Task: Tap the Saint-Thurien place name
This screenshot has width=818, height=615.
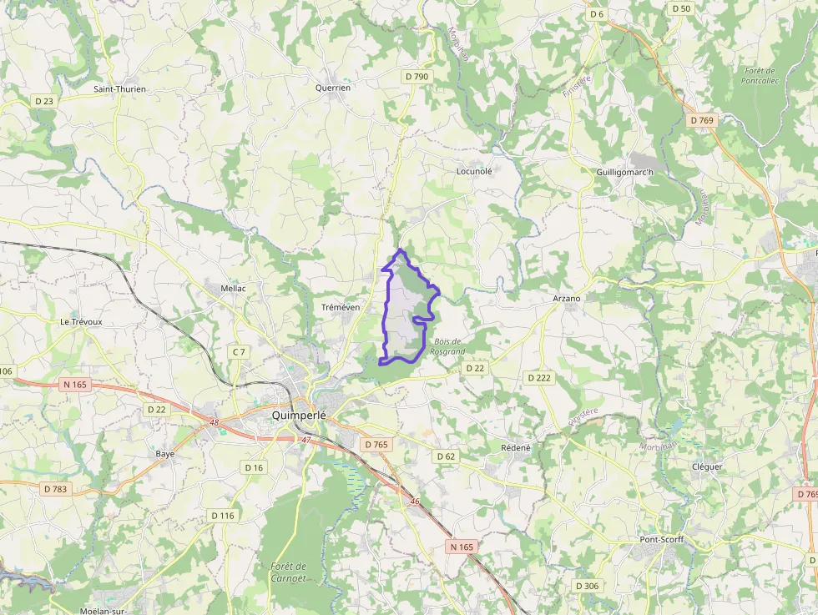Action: click(x=119, y=88)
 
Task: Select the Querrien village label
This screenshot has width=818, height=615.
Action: click(x=333, y=87)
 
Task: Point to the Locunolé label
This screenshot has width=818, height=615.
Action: click(x=474, y=171)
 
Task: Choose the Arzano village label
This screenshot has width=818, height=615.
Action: click(x=567, y=298)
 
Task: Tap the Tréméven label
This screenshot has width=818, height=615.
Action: click(x=341, y=307)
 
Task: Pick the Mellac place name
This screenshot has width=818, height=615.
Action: click(x=234, y=287)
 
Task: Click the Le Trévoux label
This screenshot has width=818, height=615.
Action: click(x=81, y=321)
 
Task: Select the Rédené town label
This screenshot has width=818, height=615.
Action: click(x=515, y=447)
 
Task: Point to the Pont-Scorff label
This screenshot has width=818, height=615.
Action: click(x=661, y=539)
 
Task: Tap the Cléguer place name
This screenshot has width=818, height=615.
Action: click(x=707, y=466)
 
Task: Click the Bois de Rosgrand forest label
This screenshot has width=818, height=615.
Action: click(x=448, y=347)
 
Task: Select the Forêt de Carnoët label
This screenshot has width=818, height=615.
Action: click(x=289, y=572)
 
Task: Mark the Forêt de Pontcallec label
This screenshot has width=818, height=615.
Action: click(x=759, y=76)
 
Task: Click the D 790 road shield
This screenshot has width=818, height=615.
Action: click(x=417, y=77)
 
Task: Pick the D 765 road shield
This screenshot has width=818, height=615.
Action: click(x=376, y=445)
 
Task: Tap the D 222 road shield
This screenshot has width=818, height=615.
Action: click(x=539, y=378)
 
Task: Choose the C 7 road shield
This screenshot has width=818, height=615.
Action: click(x=239, y=352)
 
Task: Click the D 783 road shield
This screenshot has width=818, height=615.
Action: click(x=55, y=489)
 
